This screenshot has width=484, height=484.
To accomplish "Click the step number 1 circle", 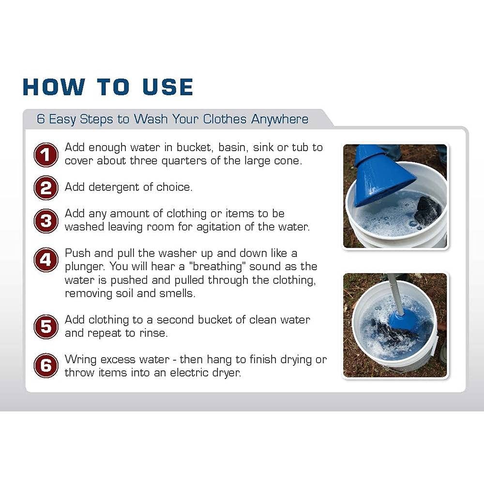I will click(x=45, y=154).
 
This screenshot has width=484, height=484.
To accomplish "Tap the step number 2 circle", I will click(x=45, y=188).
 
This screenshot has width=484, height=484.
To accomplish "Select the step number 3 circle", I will click(x=45, y=221).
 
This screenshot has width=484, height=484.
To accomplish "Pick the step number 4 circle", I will click(x=45, y=260).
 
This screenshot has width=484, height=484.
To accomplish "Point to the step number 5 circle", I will click(x=45, y=327).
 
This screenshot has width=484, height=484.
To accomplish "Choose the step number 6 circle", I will click(x=45, y=366).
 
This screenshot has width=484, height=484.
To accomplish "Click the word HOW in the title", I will click(x=54, y=87).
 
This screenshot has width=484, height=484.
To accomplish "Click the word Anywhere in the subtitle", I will click(x=279, y=119).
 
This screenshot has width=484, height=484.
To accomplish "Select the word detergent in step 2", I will click(x=111, y=187).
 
